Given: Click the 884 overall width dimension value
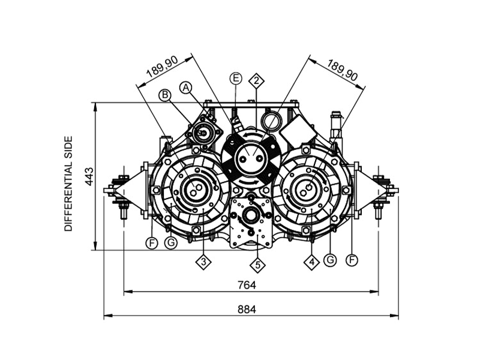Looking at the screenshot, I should click(x=247, y=310).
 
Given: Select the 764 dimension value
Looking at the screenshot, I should click(x=247, y=284).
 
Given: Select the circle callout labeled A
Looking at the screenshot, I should click(x=186, y=87).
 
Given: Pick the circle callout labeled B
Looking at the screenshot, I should click(x=165, y=95).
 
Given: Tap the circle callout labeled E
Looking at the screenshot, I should click(x=236, y=79).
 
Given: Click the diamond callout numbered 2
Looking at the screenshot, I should click(x=257, y=80).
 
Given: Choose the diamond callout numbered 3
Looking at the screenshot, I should click(x=205, y=262).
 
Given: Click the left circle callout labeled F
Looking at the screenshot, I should click(x=152, y=243).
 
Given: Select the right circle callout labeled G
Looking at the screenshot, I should click(x=329, y=260).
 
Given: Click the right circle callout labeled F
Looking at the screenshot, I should click(x=352, y=260).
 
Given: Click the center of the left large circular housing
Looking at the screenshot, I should click(x=194, y=191).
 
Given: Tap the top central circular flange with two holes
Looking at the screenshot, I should click(x=249, y=158).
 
